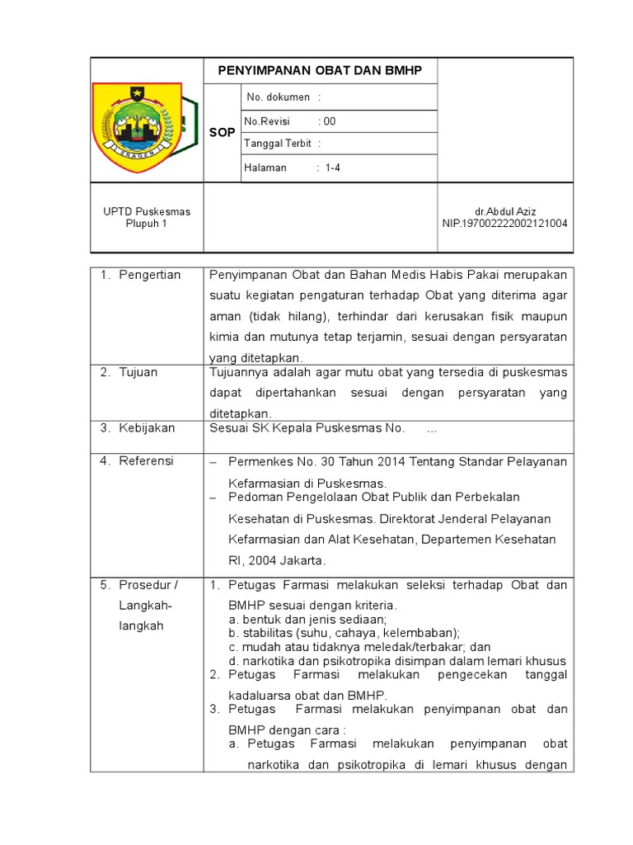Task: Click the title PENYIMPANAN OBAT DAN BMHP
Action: [x=320, y=71]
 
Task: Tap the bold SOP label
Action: [x=222, y=132]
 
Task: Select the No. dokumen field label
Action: [x=277, y=97]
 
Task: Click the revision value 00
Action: [x=330, y=121]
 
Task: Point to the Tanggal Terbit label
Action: [x=277, y=144]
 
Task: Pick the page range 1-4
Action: [x=333, y=168]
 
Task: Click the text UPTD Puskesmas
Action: [x=147, y=211]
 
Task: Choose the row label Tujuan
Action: [x=140, y=372]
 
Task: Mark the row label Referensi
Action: [x=147, y=461]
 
